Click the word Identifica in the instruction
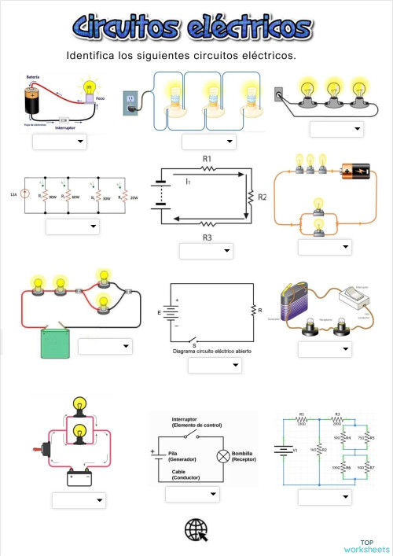click(94, 57)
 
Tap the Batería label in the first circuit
click(33, 77)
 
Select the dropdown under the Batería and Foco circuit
click(60, 142)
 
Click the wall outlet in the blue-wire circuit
click(129, 101)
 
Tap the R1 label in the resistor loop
click(208, 158)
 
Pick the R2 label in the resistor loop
click(262, 196)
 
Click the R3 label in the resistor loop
click(208, 237)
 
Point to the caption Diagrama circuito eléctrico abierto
click(212, 351)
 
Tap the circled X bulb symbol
click(222, 455)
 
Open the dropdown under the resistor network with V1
click(325, 497)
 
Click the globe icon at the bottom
click(196, 530)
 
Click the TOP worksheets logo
click(365, 545)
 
